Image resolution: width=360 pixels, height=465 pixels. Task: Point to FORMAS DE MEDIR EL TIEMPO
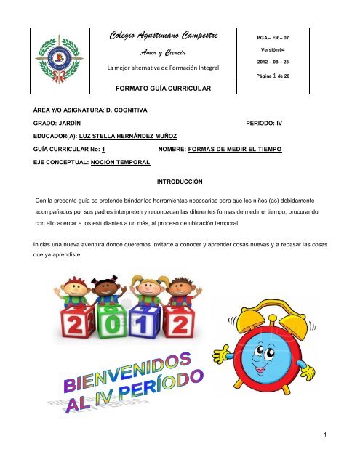click(234, 148)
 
